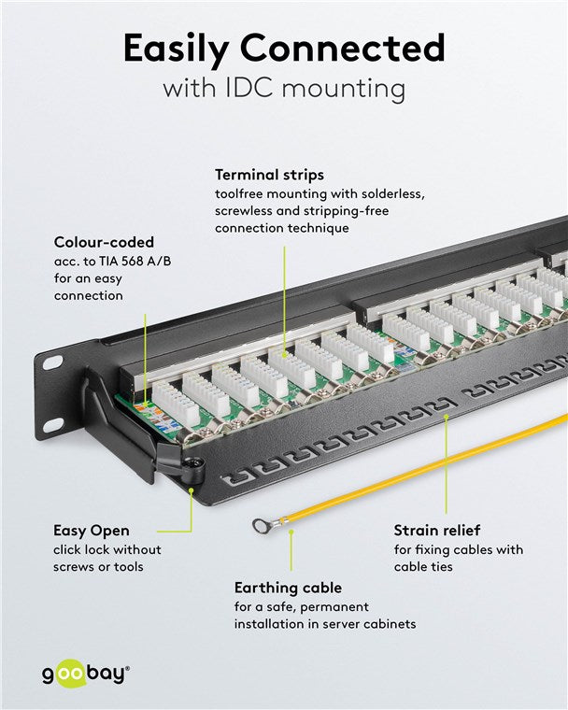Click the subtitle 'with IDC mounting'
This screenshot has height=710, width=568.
[283, 90]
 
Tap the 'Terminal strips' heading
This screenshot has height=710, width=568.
[270, 175]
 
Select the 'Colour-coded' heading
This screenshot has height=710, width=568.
[104, 243]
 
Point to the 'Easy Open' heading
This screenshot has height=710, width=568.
[92, 531]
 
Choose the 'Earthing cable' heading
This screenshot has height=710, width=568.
[288, 588]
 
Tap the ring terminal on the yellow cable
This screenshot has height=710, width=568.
[261, 526]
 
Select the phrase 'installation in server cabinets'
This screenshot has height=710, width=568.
[324, 623]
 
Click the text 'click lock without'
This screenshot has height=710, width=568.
[107, 549]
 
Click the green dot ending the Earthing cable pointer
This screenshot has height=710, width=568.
[291, 532]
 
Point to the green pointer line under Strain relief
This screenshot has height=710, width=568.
[446, 467]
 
